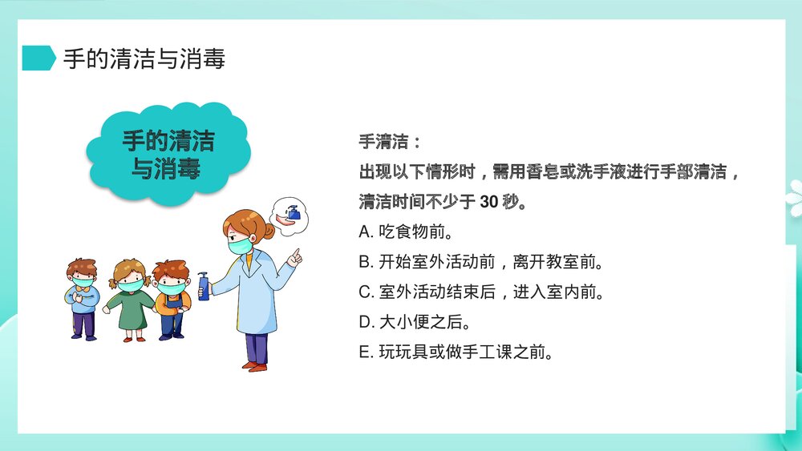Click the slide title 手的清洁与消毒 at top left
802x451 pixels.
[144, 58]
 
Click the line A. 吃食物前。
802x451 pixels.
[407, 232]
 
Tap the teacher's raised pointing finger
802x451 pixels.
[297, 256]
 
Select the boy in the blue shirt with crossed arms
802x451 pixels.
[83, 296]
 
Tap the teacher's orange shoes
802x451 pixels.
[257, 366]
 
